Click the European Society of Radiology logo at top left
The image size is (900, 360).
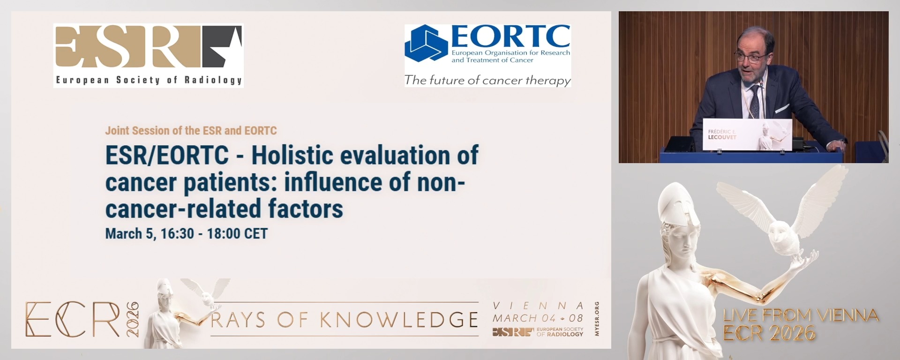(x=148, y=55)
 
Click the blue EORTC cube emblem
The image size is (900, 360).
(x=426, y=44)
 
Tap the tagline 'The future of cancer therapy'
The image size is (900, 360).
(x=487, y=80)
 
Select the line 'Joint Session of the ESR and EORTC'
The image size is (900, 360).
(x=191, y=130)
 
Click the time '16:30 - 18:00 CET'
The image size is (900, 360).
(x=214, y=233)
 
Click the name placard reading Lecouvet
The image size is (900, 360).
(x=747, y=135)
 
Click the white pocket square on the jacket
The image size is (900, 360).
(x=782, y=109)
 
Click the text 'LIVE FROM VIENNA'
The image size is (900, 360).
(x=801, y=315)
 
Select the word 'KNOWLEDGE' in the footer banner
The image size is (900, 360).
(x=399, y=320)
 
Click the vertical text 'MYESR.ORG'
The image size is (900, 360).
(x=597, y=319)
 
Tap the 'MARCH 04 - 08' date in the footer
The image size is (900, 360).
(x=538, y=318)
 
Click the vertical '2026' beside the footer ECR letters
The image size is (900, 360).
(x=133, y=319)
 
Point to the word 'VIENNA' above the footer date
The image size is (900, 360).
(x=538, y=306)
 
